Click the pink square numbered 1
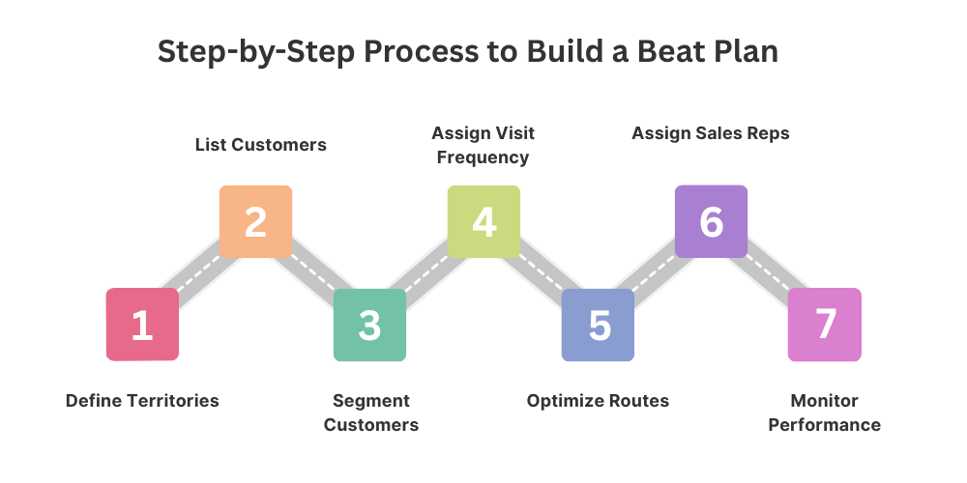(142, 325)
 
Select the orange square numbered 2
(255, 221)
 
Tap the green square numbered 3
(369, 325)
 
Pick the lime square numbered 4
(483, 221)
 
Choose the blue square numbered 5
(598, 325)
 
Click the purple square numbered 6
(711, 221)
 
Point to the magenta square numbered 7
(825, 325)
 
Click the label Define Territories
(142, 401)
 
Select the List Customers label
(261, 145)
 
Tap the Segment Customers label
(370, 412)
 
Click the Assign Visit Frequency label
(483, 144)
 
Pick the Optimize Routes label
(598, 401)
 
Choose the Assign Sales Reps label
(711, 133)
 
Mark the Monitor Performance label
(824, 412)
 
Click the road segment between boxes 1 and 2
(198, 273)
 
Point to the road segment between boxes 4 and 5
(541, 273)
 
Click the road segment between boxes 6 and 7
(769, 273)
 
